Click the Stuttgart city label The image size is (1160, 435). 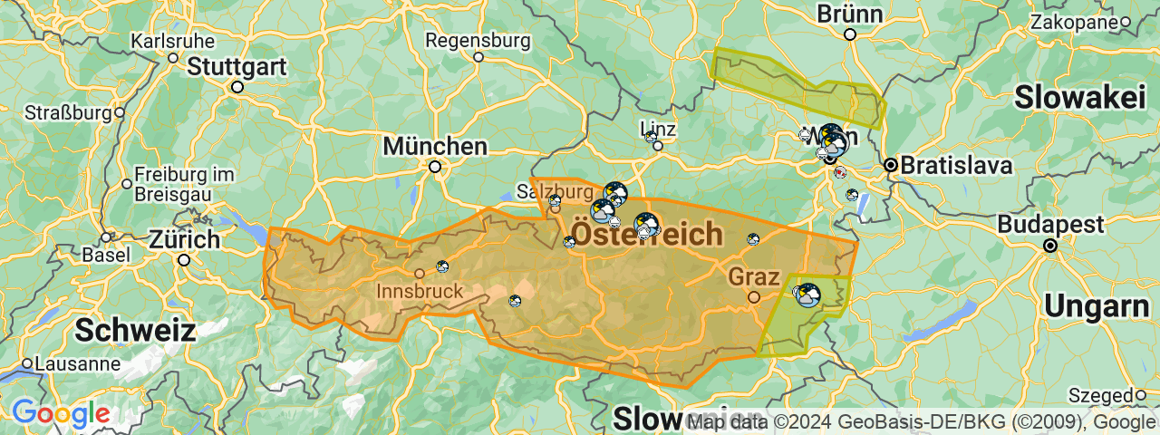tap(237, 66)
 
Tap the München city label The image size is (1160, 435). tap(435, 146)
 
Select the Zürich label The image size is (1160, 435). tap(185, 240)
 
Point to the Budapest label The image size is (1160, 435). tap(1050, 224)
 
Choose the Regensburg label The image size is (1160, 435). tap(478, 40)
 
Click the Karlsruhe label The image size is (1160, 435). tap(173, 41)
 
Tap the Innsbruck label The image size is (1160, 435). tap(420, 292)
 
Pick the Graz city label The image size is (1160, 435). tap(752, 275)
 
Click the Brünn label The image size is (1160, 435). tap(849, 14)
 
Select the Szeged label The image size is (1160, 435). tap(1100, 395)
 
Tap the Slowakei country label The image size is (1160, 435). tap(1080, 97)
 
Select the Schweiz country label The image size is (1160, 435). tap(135, 330)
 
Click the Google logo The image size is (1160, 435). tap(61, 414)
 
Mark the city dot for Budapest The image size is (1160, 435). tap(1050, 246)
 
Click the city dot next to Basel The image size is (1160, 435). tap(106, 237)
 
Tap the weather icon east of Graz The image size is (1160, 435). tap(807, 295)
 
